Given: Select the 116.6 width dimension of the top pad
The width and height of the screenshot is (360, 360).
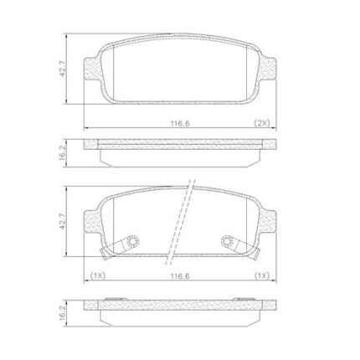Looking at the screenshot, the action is point(180,123).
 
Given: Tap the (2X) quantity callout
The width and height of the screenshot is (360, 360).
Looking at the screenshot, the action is point(262,123).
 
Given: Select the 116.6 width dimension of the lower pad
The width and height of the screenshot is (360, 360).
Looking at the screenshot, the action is point(180,276).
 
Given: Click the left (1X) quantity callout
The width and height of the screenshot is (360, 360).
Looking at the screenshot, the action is point(98,276).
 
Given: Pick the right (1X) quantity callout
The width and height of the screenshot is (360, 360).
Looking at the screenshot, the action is point(262,276).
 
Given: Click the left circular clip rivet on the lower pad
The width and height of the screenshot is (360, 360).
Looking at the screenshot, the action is point(132,241).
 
